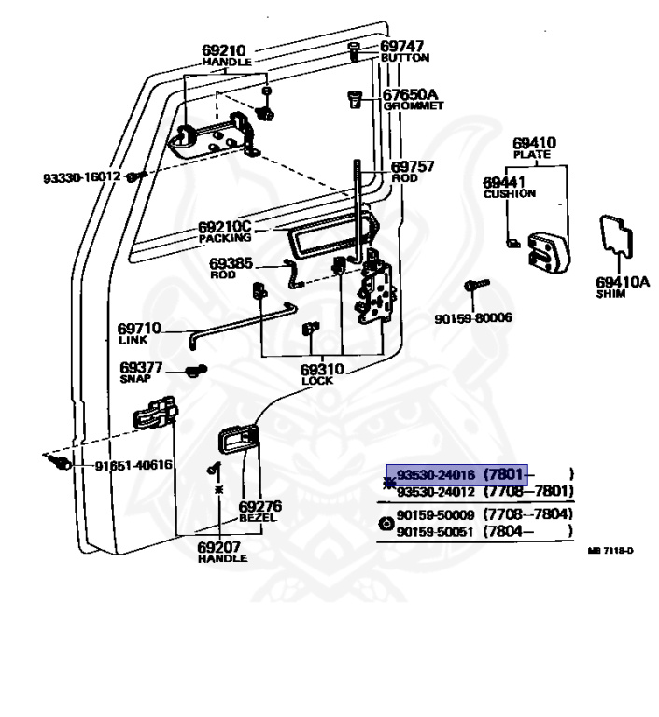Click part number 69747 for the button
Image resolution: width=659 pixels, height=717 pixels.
pyautogui.click(x=401, y=46)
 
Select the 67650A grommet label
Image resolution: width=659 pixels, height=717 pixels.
pyautogui.click(x=411, y=94)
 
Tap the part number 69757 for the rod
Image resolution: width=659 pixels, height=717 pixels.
pyautogui.click(x=412, y=166)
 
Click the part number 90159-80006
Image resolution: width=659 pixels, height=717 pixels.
pyautogui.click(x=473, y=318)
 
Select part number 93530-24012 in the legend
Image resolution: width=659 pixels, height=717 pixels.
pyautogui.click(x=435, y=492)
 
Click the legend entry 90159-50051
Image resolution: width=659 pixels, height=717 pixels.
pyautogui.click(x=435, y=532)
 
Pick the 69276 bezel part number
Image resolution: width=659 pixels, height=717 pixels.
pyautogui.click(x=262, y=506)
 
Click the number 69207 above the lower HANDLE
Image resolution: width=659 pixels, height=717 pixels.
pyautogui.click(x=222, y=547)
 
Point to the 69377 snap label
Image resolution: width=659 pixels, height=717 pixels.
pyautogui.click(x=141, y=368)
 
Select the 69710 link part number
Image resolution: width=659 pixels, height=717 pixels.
pyautogui.click(x=139, y=329)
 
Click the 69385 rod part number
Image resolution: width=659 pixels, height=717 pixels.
pyautogui.click(x=231, y=264)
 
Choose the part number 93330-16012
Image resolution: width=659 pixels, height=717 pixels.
pyautogui.click(x=82, y=176)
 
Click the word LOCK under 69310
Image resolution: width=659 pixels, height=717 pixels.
pyautogui.click(x=317, y=381)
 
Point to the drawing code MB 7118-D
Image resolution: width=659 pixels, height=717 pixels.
pyautogui.click(x=610, y=551)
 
